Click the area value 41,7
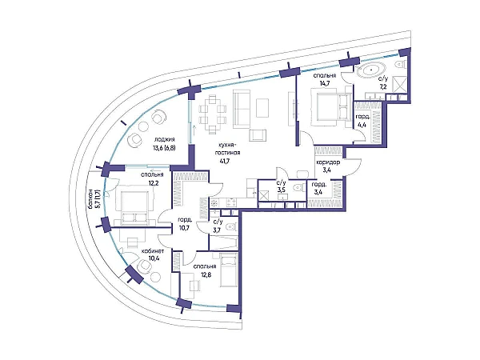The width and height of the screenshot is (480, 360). (225, 162)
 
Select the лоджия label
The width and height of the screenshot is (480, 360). (162, 139)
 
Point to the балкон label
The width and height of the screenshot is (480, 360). (90, 199)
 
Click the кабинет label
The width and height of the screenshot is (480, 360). (153, 251)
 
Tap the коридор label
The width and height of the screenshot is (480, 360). (328, 162)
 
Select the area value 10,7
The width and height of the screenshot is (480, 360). (186, 227)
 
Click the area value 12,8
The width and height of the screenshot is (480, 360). (205, 274)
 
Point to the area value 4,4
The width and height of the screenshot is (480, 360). (362, 125)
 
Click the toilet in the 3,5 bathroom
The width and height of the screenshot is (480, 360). (298, 187)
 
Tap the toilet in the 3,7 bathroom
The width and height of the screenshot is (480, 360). (231, 227)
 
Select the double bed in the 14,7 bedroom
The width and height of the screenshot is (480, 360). (331, 107)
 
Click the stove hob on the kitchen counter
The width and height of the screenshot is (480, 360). (214, 202)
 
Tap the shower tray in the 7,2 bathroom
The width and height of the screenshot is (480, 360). (399, 84)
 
